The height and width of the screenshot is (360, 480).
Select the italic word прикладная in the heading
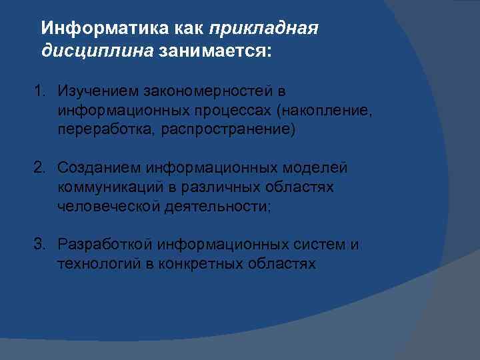tap(264, 29)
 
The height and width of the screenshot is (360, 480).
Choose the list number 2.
tap(39, 168)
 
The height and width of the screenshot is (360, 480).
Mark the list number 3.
tap(39, 245)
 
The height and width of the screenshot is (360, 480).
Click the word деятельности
tap(213, 207)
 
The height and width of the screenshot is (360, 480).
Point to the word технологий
tap(98, 265)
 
